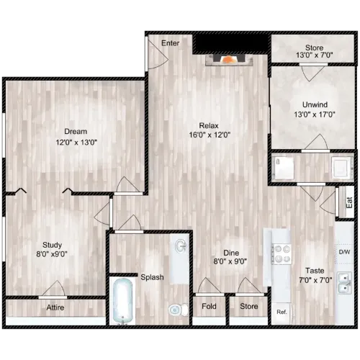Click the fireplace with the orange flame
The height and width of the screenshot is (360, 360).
tap(230, 60)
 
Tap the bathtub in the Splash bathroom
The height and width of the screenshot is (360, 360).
tap(122, 302)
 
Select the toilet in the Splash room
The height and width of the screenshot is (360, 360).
tap(179, 310)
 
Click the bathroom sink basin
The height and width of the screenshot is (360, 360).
tap(181, 246)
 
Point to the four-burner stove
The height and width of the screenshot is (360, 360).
tap(282, 254)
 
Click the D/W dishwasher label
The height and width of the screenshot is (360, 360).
tap(344, 252)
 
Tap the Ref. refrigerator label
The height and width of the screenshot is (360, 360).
tap(282, 312)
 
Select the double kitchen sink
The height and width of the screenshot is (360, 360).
tap(344, 283)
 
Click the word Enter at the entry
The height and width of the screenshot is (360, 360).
tap(170, 43)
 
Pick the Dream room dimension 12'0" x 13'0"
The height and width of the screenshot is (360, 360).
tap(76, 143)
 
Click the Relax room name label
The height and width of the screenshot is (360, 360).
tap(209, 125)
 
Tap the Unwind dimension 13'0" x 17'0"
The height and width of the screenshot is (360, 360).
tap(315, 114)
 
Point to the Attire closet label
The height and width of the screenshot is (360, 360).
tap(55, 307)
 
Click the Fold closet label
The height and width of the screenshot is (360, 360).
tap(209, 306)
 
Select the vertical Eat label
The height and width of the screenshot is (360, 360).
tap(349, 203)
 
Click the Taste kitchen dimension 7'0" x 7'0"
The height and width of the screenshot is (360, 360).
tap(315, 280)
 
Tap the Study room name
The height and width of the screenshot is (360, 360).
tap(52, 245)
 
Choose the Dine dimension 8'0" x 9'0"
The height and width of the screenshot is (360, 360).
tap(230, 261)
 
